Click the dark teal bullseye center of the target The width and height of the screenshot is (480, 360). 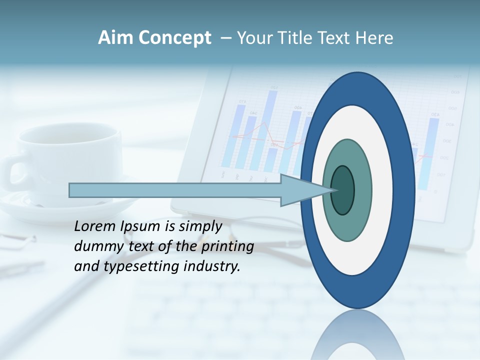click(x=343, y=190)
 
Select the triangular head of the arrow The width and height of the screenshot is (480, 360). click(x=302, y=190)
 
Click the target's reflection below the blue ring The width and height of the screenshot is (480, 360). click(x=357, y=335)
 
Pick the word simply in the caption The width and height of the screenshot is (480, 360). click(x=200, y=226)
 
